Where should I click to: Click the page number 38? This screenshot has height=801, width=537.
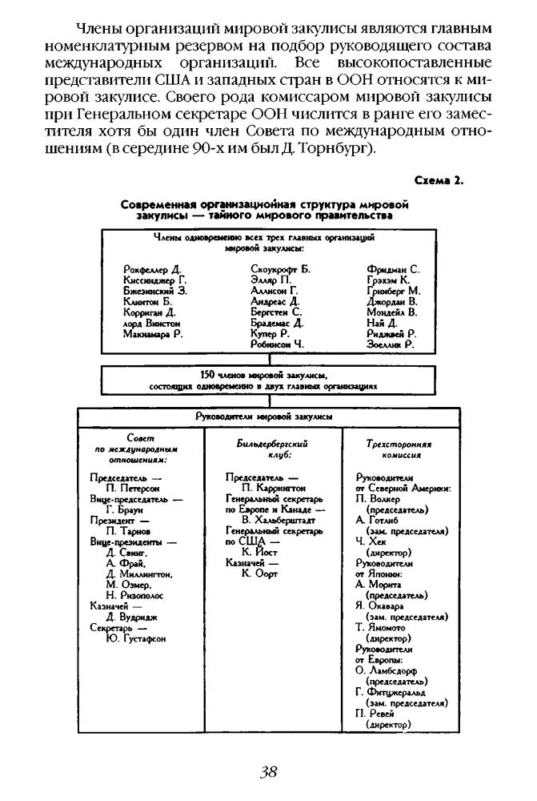pyautogui.click(x=269, y=772)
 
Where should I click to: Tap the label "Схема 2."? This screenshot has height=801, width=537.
pyautogui.click(x=439, y=180)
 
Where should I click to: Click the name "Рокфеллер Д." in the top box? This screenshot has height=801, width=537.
pyautogui.click(x=150, y=269)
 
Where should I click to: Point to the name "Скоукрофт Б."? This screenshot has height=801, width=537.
pyautogui.click(x=279, y=269)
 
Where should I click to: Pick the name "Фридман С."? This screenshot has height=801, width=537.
pyautogui.click(x=392, y=269)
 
